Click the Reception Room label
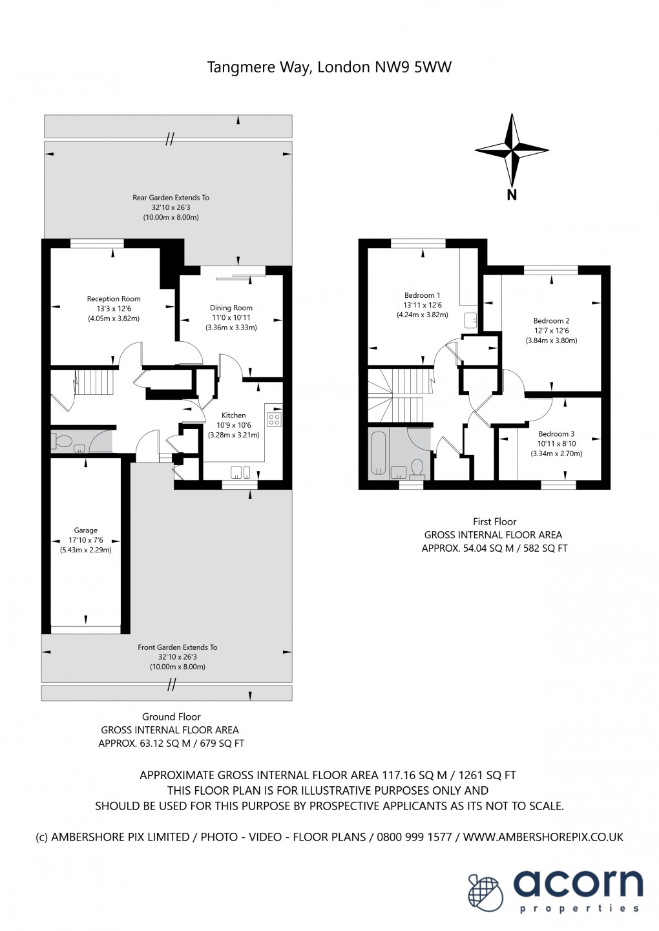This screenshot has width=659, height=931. [x=114, y=299]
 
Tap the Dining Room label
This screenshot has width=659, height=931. [x=231, y=308]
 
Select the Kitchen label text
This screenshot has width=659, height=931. [x=234, y=415]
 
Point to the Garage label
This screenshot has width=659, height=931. [x=85, y=530]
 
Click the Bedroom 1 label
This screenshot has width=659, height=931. [x=422, y=295]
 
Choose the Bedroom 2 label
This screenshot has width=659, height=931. [x=551, y=321]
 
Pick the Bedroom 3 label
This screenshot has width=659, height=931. [x=556, y=434]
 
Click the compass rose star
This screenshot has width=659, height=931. [x=512, y=150]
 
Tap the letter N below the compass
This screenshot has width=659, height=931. [x=512, y=195]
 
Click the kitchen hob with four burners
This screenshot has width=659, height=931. [x=274, y=419]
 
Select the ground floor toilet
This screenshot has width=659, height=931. [x=63, y=442]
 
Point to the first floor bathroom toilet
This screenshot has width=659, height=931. [x=417, y=466]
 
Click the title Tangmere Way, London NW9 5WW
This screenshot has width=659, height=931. [x=329, y=67]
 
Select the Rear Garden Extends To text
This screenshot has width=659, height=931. [x=171, y=198]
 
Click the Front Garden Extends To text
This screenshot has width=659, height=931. [x=178, y=647]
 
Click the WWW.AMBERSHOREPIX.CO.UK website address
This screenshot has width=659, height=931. [x=543, y=837]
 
